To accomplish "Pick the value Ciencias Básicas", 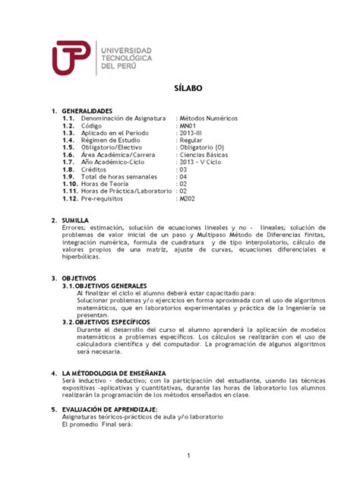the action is pyautogui.click(x=204, y=155).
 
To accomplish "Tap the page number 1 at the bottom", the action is pyautogui.click(x=187, y=454).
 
